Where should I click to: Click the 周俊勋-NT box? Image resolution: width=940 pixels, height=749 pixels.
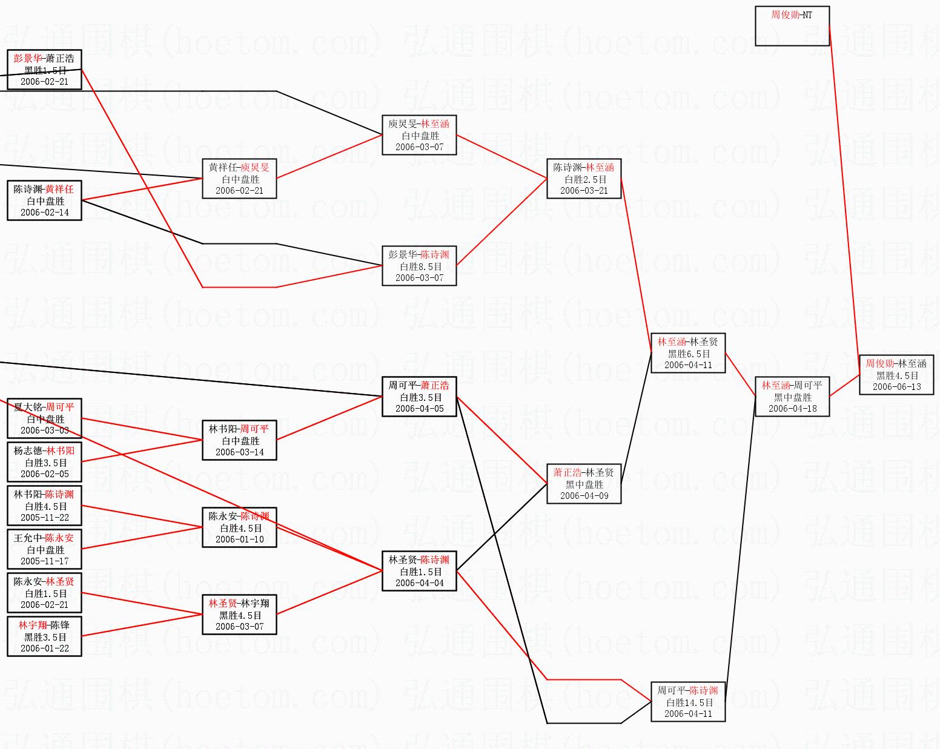tap(792, 26)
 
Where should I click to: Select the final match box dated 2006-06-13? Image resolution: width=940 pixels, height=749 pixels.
tap(896, 375)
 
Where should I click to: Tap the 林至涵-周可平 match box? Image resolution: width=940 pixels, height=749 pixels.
tap(792, 397)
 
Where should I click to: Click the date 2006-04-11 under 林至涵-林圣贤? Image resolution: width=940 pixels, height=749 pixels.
tap(688, 365)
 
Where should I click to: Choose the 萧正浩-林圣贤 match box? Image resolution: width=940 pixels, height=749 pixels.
tap(583, 484)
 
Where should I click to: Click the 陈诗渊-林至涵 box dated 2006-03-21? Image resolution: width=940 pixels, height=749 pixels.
tap(583, 179)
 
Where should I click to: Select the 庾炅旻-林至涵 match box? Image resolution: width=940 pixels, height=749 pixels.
tap(419, 135)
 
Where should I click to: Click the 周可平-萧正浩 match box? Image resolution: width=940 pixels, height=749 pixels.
tap(419, 397)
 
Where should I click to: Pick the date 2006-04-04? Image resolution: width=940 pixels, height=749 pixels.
tap(419, 583)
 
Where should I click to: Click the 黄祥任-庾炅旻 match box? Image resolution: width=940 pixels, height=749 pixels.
tap(239, 179)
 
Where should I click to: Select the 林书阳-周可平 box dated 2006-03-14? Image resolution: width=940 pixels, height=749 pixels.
tap(239, 440)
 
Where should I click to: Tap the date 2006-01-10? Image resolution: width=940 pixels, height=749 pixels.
tap(239, 539)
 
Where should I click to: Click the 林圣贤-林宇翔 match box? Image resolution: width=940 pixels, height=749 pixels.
tap(239, 615)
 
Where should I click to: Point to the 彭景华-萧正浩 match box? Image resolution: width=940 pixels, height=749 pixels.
tap(44, 70)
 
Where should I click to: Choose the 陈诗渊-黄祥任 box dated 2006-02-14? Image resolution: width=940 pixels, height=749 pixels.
tap(44, 200)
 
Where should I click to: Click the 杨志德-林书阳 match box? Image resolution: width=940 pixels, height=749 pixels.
tap(44, 462)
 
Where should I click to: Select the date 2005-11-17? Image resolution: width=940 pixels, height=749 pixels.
tap(44, 561)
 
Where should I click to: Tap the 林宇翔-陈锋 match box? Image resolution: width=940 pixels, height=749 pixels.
tap(44, 636)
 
